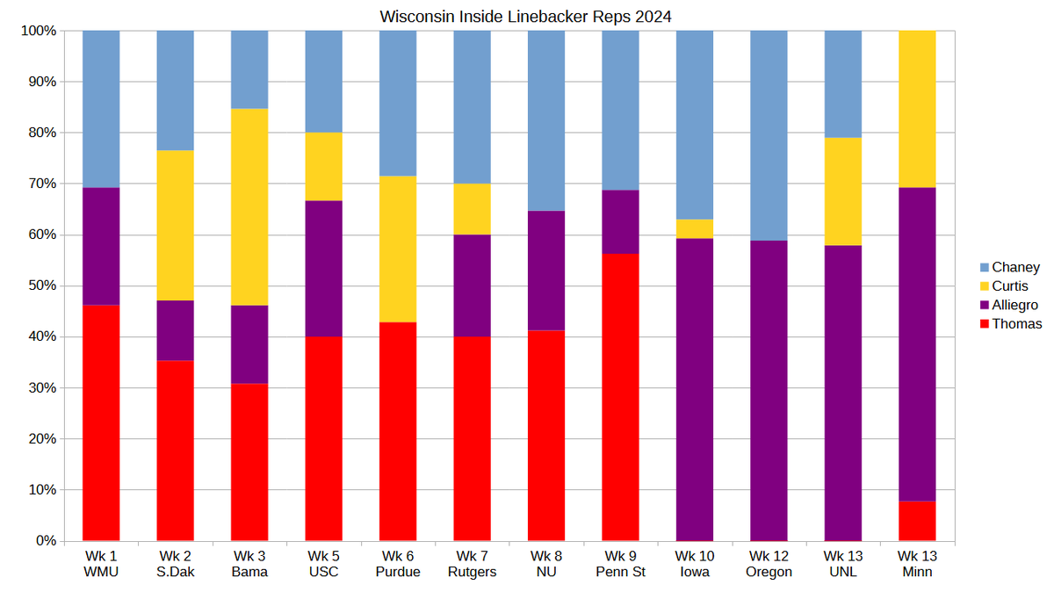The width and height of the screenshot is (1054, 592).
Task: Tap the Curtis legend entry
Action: pyautogui.click(x=1009, y=286)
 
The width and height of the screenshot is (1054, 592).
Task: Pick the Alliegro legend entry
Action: pyautogui.click(x=1014, y=305)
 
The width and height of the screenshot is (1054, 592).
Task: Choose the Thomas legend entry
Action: pyautogui.click(x=1017, y=324)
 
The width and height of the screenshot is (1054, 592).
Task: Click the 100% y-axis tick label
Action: pyautogui.click(x=38, y=31)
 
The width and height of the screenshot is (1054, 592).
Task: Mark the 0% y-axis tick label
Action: pyautogui.click(x=44, y=540)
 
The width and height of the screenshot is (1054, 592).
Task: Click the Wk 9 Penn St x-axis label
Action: pyautogui.click(x=620, y=564)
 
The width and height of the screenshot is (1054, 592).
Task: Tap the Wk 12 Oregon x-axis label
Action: pyautogui.click(x=769, y=564)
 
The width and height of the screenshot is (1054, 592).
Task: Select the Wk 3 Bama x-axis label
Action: pyautogui.click(x=249, y=564)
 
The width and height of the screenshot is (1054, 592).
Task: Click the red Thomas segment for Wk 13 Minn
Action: pyautogui.click(x=917, y=521)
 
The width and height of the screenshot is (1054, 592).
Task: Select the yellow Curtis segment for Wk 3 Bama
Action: pyautogui.click(x=249, y=207)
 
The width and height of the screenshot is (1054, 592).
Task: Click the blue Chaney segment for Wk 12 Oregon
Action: pyautogui.click(x=769, y=135)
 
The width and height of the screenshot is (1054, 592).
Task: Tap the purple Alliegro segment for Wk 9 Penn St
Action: pyautogui.click(x=620, y=222)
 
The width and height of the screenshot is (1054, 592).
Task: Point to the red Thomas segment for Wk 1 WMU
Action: pyautogui.click(x=101, y=422)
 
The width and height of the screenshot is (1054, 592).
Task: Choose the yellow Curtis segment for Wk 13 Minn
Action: pyautogui.click(x=917, y=109)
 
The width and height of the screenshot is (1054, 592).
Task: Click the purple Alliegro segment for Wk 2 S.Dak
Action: pyautogui.click(x=175, y=330)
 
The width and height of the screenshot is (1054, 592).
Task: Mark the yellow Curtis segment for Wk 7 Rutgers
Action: pyautogui.click(x=472, y=209)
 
